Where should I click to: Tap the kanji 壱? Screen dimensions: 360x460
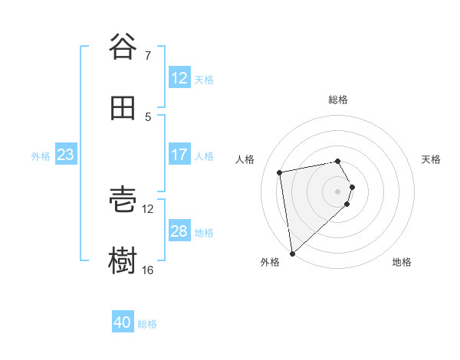[x=123, y=200]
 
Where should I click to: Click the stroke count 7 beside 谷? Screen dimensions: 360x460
[x=147, y=55]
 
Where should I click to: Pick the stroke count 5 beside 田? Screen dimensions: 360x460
[x=148, y=117]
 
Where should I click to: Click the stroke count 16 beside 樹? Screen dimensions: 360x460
[x=148, y=270]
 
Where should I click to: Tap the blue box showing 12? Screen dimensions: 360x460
[x=179, y=78]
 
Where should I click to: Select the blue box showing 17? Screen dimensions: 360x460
[x=179, y=155]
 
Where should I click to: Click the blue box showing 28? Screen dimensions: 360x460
[x=179, y=231]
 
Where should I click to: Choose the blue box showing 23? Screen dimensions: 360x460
[x=65, y=155]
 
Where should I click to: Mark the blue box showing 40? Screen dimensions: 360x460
[x=123, y=322]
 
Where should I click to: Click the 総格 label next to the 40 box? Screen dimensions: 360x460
[x=147, y=324]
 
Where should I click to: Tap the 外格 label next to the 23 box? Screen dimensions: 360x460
[x=41, y=156]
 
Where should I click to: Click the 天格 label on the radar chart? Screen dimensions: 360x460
[x=431, y=159]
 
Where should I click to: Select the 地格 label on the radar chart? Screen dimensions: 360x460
[x=402, y=262]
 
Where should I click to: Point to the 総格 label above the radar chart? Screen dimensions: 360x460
[x=338, y=100]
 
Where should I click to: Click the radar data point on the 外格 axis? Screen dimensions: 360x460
[x=292, y=253]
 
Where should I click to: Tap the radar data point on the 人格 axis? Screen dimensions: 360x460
[x=280, y=172]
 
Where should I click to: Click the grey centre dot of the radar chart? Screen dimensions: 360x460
[x=338, y=191]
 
